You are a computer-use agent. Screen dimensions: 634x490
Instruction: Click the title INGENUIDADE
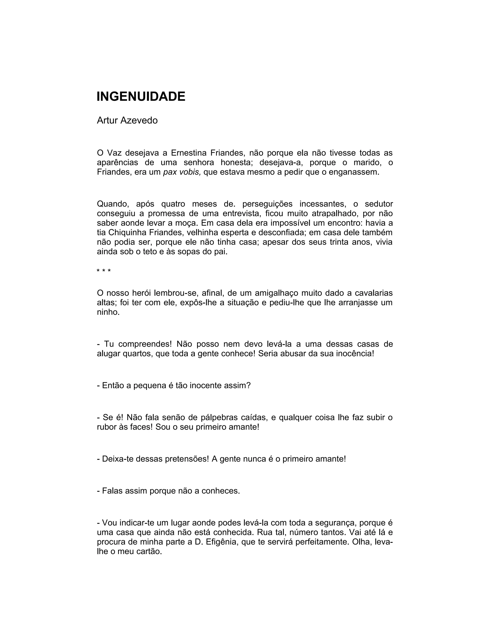pyautogui.click(x=141, y=97)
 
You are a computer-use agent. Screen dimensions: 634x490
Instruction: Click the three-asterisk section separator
pyautogui.click(x=104, y=271)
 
